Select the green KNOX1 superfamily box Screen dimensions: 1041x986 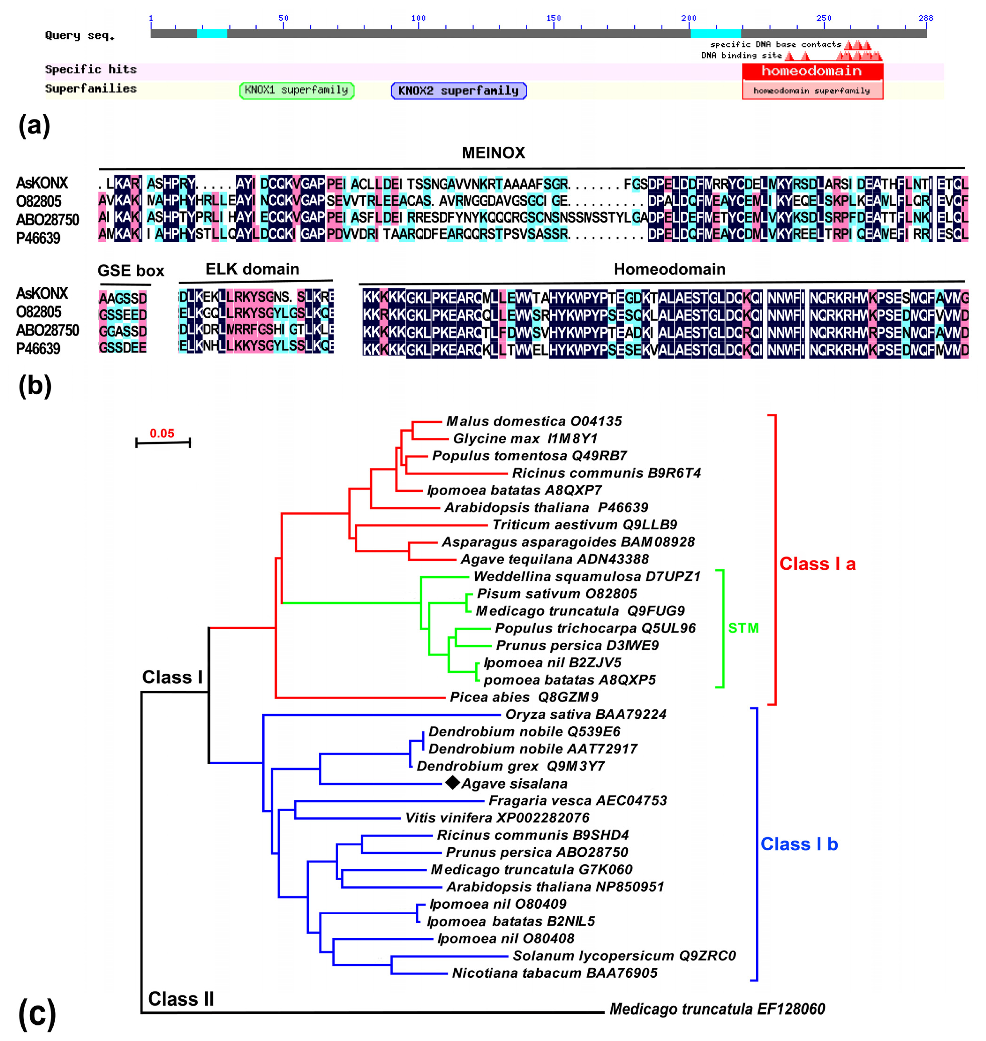point(296,90)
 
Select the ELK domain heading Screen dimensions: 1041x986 point(252,269)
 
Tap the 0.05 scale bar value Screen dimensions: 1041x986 point(162,433)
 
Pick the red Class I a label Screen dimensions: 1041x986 point(817,564)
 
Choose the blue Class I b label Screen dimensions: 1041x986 point(799,844)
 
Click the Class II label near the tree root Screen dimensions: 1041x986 point(181,999)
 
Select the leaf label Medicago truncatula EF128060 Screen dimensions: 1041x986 point(717,1009)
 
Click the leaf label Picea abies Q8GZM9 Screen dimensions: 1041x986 point(524,697)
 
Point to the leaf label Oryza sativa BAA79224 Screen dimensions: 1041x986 point(586,714)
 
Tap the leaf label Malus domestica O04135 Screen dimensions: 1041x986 point(533,421)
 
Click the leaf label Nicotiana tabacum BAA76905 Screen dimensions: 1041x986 point(555,973)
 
